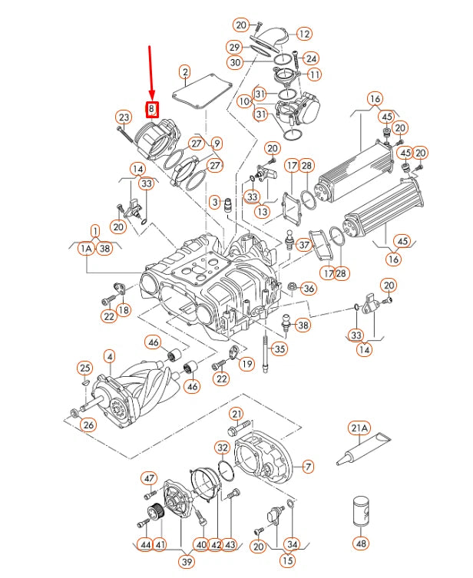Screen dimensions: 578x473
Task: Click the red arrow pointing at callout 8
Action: tap(150, 73)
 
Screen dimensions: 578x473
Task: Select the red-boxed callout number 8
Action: tap(152, 109)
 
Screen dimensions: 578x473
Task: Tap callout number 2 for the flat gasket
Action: tap(184, 73)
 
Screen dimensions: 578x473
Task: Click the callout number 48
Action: tap(360, 543)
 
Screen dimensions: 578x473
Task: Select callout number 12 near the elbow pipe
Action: tap(304, 34)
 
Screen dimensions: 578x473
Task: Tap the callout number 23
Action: tap(123, 117)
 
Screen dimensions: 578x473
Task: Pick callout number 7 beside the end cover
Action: tap(308, 466)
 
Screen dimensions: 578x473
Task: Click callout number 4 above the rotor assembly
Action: tap(109, 356)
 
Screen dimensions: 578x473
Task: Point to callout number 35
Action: tap(279, 348)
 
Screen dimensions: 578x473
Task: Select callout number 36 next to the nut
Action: tap(308, 289)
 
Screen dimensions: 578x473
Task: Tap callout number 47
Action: tap(149, 478)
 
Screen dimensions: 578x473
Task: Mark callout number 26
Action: tap(89, 425)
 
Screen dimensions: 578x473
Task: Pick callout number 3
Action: tap(215, 201)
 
